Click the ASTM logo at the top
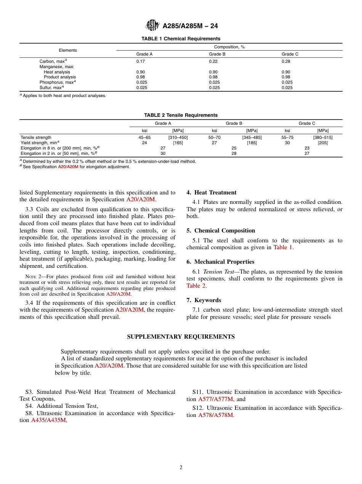[x=152, y=26]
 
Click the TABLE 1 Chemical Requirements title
[x=181, y=39]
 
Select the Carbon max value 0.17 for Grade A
[x=141, y=61]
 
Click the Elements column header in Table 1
[x=68, y=50]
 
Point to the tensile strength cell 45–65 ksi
[x=144, y=137]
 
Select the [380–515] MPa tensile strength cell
[x=323, y=137]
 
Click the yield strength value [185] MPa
[x=252, y=143]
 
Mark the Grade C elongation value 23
[x=307, y=148]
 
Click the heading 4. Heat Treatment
[x=211, y=193]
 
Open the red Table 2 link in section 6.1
[x=196, y=286]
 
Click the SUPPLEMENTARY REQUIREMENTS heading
[x=181, y=337]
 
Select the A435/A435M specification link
[x=48, y=420]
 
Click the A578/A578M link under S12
[x=215, y=415]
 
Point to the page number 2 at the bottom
[x=181, y=468]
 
